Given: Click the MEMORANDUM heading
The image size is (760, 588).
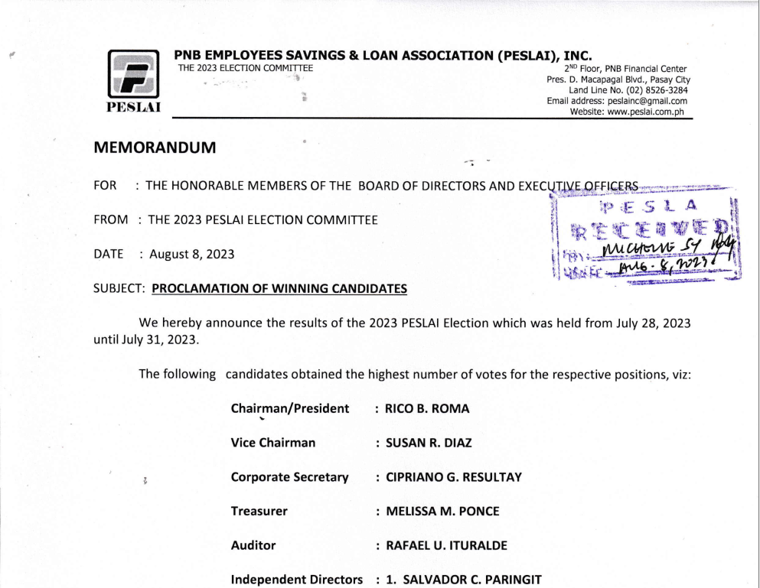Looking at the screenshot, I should click(x=155, y=148).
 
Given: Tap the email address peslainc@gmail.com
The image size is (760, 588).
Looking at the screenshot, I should click(x=647, y=101).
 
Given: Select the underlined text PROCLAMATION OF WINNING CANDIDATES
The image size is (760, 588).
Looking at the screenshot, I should click(x=279, y=289).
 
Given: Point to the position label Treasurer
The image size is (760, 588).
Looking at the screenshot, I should click(x=259, y=512).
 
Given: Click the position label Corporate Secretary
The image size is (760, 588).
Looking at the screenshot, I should click(x=289, y=477).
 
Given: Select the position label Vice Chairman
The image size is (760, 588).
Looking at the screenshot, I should click(x=272, y=443).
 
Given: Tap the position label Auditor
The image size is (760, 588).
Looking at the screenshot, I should click(x=253, y=546).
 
